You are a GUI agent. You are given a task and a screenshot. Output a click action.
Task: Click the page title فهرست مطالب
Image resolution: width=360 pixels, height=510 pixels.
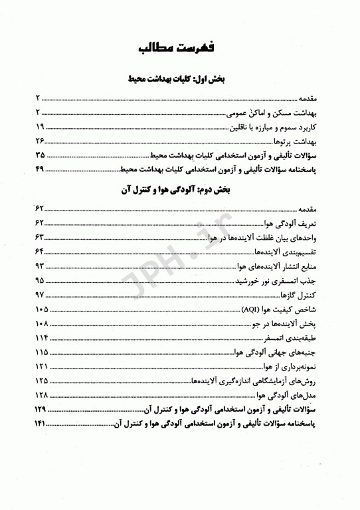pyautogui.click(x=180, y=50)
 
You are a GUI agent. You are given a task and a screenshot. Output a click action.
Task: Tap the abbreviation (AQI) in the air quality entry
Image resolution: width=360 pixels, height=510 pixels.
pyautogui.click(x=250, y=310)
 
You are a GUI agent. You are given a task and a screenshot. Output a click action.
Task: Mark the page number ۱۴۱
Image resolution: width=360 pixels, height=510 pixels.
pyautogui.click(x=40, y=426)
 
